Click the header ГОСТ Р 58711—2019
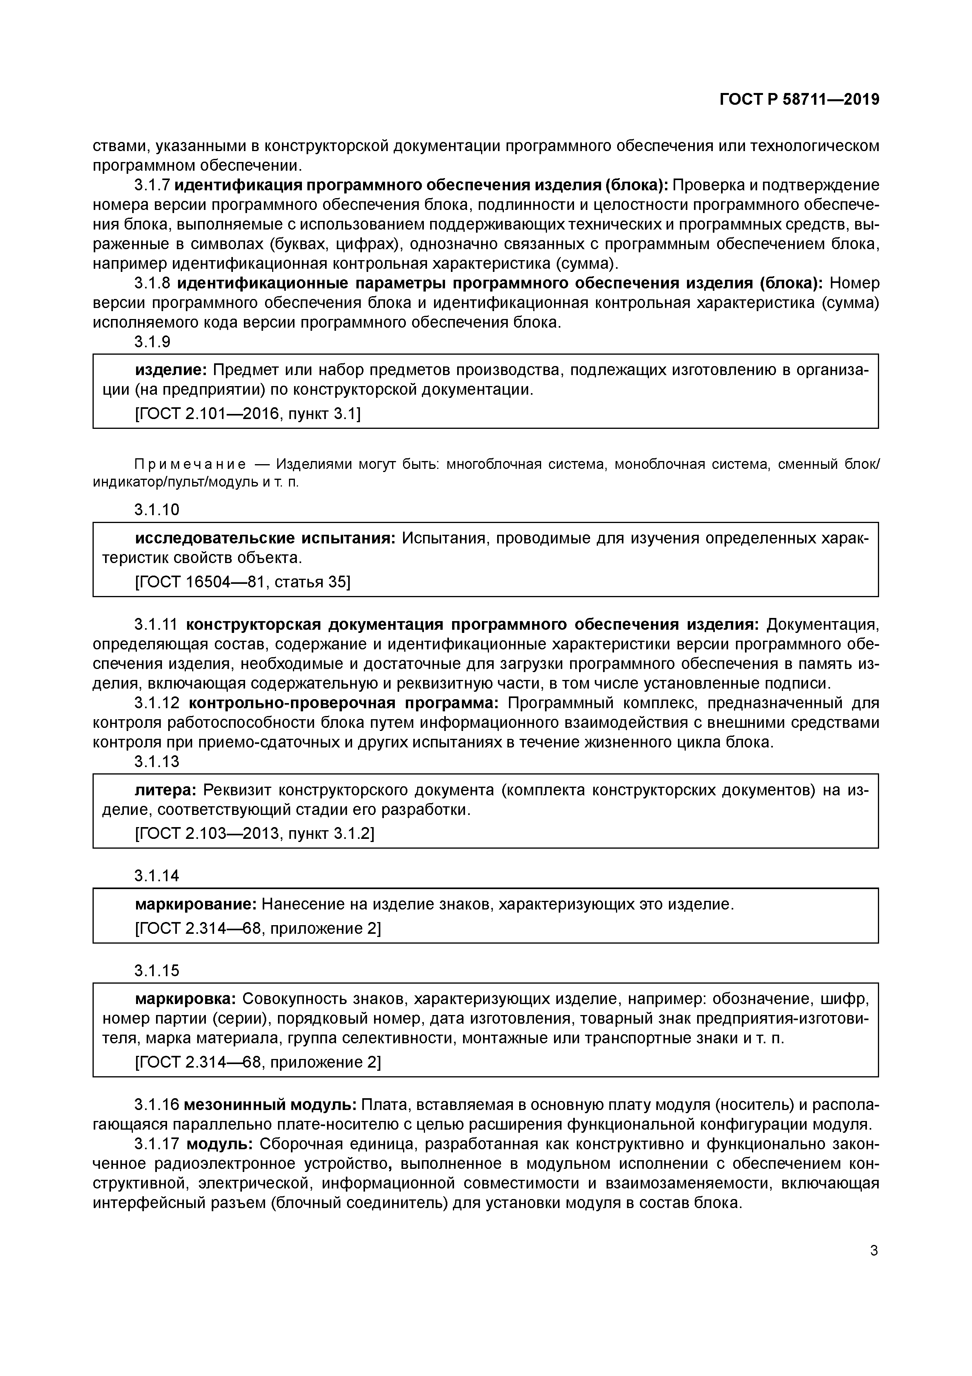[799, 100]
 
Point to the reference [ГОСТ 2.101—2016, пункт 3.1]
[248, 414]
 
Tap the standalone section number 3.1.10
[157, 510]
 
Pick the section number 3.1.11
[156, 625]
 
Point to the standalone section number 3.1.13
[157, 762]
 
